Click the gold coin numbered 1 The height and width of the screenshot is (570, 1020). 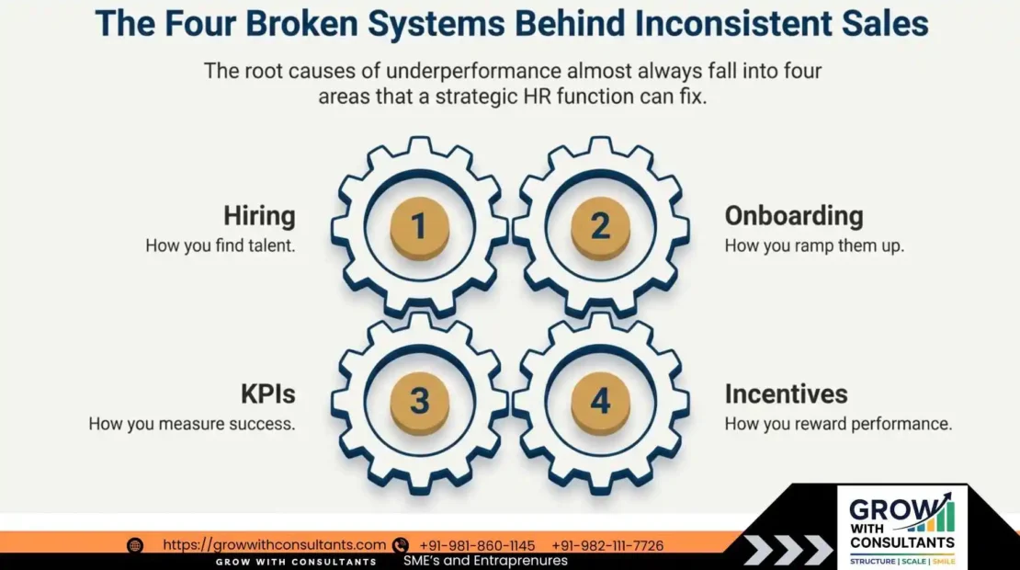(x=419, y=226)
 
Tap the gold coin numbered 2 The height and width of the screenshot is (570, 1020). (x=600, y=226)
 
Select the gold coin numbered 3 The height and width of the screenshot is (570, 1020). (x=419, y=403)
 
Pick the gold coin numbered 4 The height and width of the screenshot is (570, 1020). (x=600, y=403)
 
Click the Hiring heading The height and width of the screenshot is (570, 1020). (x=259, y=216)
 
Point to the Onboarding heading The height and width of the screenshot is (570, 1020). (x=794, y=216)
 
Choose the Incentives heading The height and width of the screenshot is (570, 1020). (x=786, y=393)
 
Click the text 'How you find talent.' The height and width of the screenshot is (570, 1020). (x=221, y=246)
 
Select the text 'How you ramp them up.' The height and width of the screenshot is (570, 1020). (x=814, y=246)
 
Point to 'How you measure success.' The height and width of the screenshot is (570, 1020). (x=192, y=424)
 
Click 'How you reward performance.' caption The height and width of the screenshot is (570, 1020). (x=838, y=424)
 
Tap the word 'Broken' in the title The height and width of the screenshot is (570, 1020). (x=274, y=24)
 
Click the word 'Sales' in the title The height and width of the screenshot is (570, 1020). (x=882, y=24)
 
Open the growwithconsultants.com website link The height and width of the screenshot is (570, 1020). (x=274, y=545)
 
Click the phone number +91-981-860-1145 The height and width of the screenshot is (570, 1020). (x=477, y=545)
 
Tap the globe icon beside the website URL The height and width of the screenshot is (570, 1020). (x=135, y=545)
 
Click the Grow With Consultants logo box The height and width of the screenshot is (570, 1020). (x=902, y=527)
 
